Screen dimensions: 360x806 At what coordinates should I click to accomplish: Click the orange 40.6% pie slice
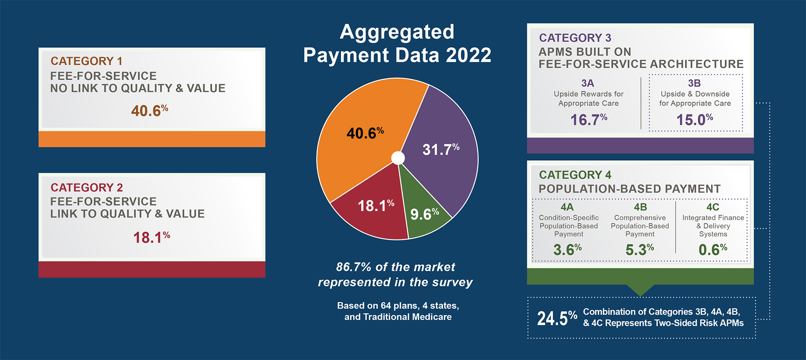coord(359,124)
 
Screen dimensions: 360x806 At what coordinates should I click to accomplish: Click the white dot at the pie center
coord(398,158)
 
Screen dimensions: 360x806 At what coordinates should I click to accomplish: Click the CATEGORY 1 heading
coord(86,61)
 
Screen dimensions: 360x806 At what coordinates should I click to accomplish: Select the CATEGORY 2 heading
coord(87,187)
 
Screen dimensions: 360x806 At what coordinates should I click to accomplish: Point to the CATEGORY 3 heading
coord(575,38)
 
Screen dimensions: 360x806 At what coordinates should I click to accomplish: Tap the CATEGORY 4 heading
coord(575,175)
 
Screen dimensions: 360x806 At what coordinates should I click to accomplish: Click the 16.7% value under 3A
coord(588,120)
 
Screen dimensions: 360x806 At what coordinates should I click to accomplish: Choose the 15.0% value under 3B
coord(695,120)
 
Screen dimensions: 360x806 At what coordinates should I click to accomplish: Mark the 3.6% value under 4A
coord(567,249)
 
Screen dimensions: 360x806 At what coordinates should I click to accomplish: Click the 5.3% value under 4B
coord(640,249)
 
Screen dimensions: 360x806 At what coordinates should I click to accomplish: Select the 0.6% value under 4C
coord(713,249)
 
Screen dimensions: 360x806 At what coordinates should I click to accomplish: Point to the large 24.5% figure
coord(557,318)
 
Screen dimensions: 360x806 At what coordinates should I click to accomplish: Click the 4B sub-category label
coord(640,207)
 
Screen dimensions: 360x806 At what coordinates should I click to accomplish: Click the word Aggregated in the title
coord(397,32)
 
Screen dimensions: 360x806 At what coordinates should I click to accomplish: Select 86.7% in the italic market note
coord(353,267)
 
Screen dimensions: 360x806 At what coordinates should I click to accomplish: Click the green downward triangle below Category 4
coord(640,290)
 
